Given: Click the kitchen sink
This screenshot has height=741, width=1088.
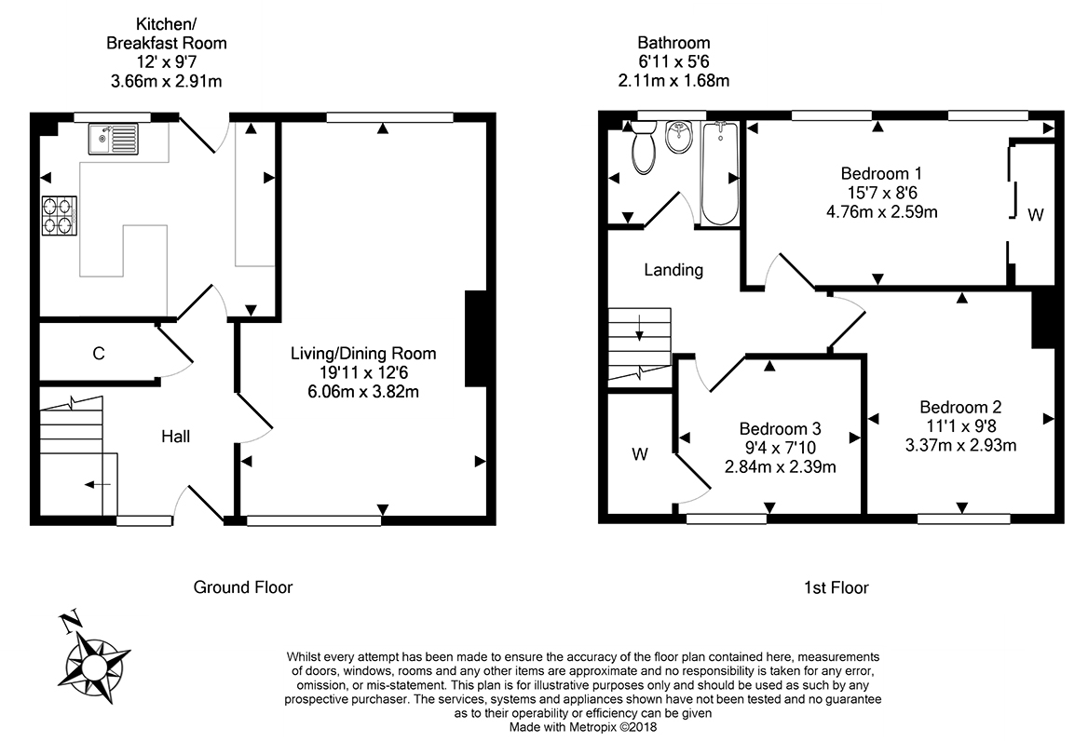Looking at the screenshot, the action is point(113,140).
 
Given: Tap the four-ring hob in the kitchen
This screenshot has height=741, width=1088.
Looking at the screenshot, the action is point(57,214).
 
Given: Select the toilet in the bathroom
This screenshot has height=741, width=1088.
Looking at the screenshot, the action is point(643,151).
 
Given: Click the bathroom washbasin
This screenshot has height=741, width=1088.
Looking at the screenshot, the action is point(679,140).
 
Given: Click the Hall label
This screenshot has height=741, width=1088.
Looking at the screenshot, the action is point(175,436).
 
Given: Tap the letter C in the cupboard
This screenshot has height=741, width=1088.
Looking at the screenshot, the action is point(98,354).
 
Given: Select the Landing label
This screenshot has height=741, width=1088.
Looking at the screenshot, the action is point(673,270).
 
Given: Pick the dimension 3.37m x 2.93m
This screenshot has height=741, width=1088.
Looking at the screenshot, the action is point(960,445).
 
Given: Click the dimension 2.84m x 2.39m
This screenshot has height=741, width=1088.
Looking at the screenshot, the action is point(780,467).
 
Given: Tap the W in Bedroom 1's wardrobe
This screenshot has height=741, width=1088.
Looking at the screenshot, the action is point(1035,215).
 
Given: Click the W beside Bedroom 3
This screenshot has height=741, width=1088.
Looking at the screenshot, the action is point(640,454).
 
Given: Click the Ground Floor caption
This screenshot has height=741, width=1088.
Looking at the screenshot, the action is point(242,587).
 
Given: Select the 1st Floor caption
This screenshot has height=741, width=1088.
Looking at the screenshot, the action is point(836,587).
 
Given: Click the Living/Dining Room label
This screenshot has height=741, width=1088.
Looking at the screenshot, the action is point(363,354).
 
